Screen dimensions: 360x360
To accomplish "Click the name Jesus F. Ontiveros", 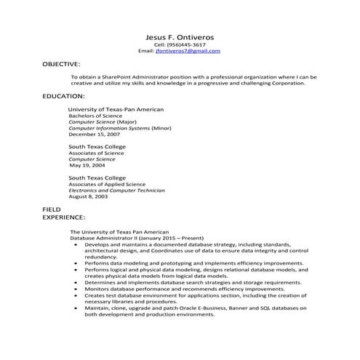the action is tap(179, 37).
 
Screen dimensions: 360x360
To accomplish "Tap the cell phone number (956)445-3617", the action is tap(186, 45).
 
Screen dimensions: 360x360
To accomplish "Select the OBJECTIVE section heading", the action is tap(61, 65).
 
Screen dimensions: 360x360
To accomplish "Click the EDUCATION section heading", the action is tap(63, 96).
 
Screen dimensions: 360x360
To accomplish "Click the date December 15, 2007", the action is tap(94, 135).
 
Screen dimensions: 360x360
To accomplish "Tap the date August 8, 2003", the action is tap(88, 197).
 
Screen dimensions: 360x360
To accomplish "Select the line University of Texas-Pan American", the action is tap(116, 109).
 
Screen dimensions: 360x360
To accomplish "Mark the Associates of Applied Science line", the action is tap(106, 184).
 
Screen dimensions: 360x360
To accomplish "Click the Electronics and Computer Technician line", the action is tap(116, 191).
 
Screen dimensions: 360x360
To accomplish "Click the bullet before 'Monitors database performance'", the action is tap(76, 289).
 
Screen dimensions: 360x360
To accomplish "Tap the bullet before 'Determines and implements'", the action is tap(76, 282).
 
